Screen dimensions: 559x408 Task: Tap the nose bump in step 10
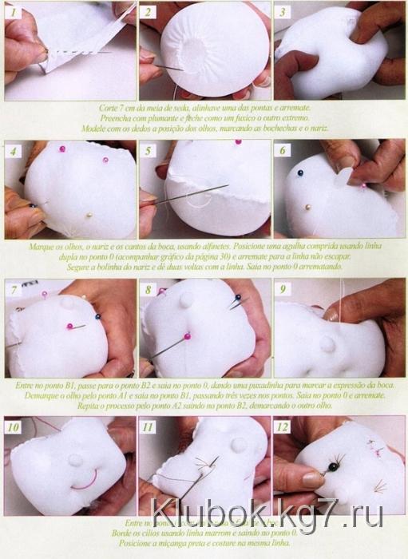pyautogui.click(x=75, y=461)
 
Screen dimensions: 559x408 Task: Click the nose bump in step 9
pyautogui.click(x=327, y=343)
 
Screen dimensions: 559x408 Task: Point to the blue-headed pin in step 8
pyautogui.click(x=236, y=298)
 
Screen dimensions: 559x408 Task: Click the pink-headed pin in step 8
pyautogui.click(x=187, y=338)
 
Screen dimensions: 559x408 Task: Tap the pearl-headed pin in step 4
pyautogui.click(x=89, y=214)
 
